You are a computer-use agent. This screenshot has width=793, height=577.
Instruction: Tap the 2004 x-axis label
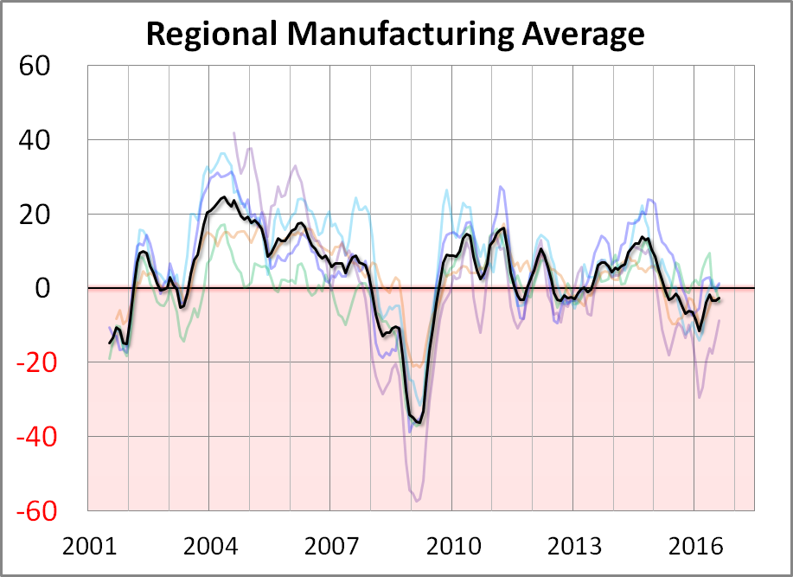tap(210, 548)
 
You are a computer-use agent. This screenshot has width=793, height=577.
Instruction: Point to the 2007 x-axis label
tap(332, 548)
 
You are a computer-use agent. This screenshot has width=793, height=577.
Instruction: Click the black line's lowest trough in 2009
tap(419, 422)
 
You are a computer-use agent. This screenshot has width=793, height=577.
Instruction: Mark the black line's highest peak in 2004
tap(223, 197)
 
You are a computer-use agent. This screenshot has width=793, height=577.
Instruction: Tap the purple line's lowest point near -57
tap(417, 501)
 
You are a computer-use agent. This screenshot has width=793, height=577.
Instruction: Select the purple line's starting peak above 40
tap(234, 132)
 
